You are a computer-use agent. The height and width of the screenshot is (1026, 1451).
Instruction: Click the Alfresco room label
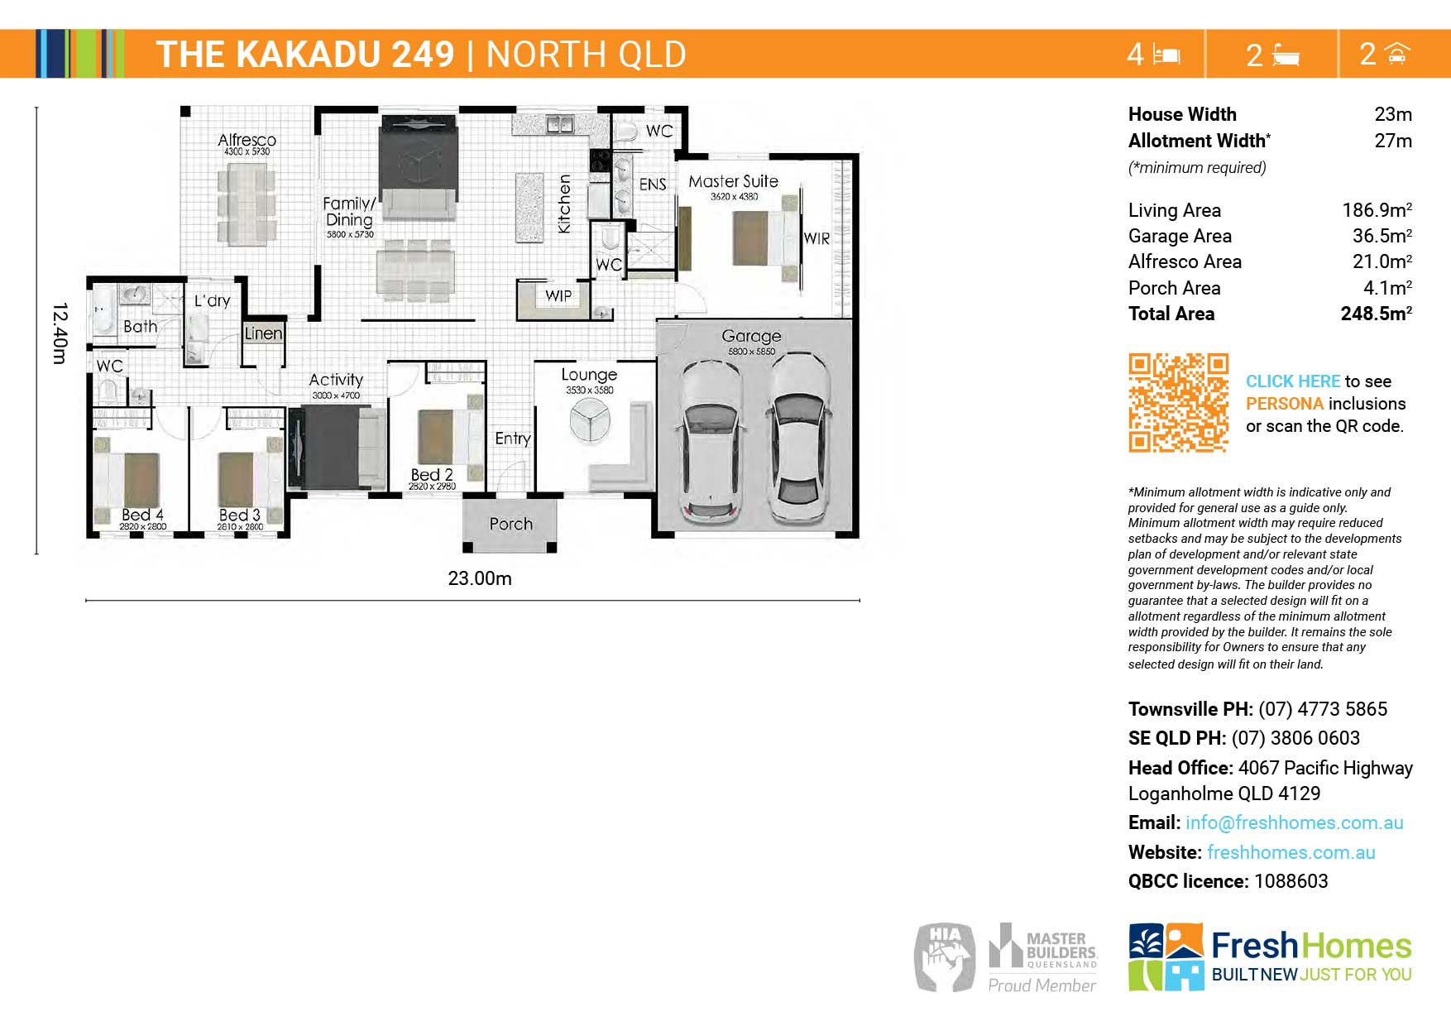pyautogui.click(x=247, y=140)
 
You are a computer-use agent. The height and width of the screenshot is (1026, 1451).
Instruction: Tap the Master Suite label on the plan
pyautogui.click(x=733, y=181)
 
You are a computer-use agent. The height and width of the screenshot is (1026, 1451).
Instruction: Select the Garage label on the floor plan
pyautogui.click(x=751, y=336)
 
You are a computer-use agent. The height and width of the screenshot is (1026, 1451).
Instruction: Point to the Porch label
pyautogui.click(x=511, y=524)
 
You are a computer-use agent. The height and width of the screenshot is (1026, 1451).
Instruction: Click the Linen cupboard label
pyautogui.click(x=263, y=333)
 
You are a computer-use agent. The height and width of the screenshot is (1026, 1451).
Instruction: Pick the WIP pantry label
pyautogui.click(x=558, y=295)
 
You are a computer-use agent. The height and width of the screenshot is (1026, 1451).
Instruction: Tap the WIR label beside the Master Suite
pyautogui.click(x=816, y=238)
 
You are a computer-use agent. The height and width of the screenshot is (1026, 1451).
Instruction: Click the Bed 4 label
pyautogui.click(x=142, y=515)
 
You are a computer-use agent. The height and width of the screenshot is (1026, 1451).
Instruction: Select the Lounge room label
pyautogui.click(x=589, y=375)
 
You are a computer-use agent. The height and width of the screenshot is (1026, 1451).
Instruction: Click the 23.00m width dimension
pyautogui.click(x=480, y=578)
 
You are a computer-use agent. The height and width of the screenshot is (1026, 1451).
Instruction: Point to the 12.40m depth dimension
pyautogui.click(x=60, y=333)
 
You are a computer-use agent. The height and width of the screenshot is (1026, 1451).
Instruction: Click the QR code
pyautogui.click(x=1179, y=403)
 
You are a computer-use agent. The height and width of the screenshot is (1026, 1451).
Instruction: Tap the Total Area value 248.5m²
pyautogui.click(x=1377, y=314)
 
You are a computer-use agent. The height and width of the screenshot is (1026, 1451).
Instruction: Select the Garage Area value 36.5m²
pyautogui.click(x=1382, y=236)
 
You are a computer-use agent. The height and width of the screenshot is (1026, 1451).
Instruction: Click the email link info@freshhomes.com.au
pyautogui.click(x=1295, y=822)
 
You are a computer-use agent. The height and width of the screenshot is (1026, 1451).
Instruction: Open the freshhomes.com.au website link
pyautogui.click(x=1291, y=852)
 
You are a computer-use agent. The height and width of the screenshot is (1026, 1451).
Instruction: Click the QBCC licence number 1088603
pyautogui.click(x=1291, y=881)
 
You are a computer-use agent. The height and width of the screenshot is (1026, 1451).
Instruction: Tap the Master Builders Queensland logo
pyautogui.click(x=1043, y=957)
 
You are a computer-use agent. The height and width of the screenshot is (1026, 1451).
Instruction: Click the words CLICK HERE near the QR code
pyautogui.click(x=1293, y=381)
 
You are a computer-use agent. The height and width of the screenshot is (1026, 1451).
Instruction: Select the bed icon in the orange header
pyautogui.click(x=1166, y=55)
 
